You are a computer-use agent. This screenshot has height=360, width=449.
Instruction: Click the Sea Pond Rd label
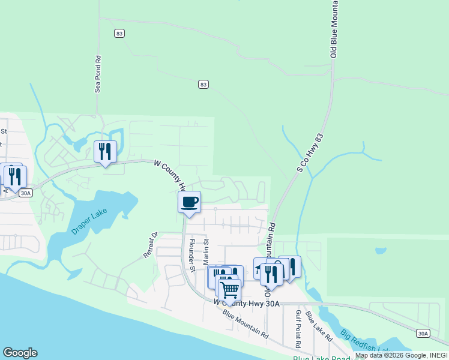pos(97,74)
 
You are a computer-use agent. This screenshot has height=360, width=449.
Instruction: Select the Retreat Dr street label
pos(149,245)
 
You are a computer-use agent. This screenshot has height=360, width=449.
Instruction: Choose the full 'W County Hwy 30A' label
pos(247,304)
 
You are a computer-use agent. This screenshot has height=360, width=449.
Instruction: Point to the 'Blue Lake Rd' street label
pos(319,326)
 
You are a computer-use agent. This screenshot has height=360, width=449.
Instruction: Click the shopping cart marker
pos(229,290)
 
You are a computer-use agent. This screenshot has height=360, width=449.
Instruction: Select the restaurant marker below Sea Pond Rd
pos(106,151)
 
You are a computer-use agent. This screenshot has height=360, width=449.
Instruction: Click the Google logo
pos(20,353)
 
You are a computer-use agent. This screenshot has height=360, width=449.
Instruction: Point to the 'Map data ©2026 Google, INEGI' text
pos(401,355)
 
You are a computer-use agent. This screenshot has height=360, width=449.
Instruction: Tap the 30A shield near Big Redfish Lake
pos(423,333)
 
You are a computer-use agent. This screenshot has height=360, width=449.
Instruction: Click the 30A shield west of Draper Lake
pos(25,193)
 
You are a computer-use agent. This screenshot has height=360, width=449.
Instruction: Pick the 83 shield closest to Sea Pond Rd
pos(119,34)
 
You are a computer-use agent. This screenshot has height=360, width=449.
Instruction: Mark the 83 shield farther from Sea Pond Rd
pos(203,85)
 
